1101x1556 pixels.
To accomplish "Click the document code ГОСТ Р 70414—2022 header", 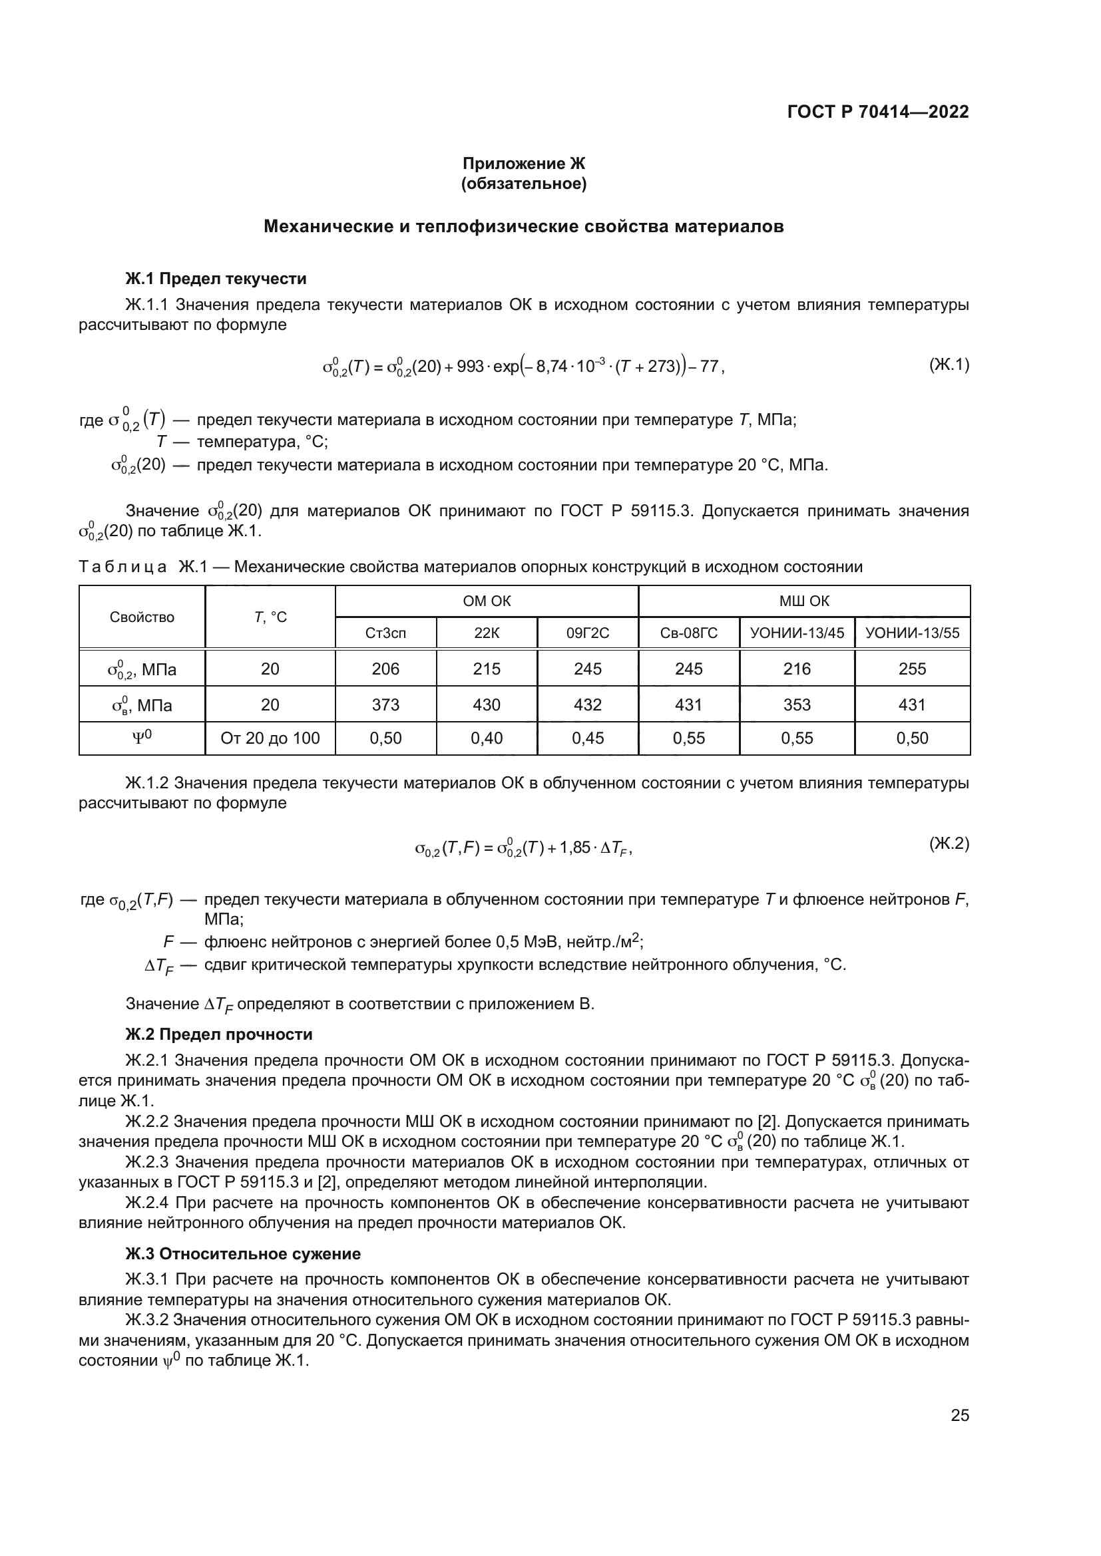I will coord(878,112).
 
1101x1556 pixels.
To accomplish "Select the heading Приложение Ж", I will coord(523,164).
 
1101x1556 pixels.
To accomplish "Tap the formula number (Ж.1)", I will coord(949,365).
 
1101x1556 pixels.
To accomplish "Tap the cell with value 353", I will coord(797,704).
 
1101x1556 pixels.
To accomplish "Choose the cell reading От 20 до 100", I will coord(270,738).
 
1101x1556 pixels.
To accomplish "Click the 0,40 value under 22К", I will coord(486,738).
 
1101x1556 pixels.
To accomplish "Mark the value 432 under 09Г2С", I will coord(587,704).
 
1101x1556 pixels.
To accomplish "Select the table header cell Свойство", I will coord(142,617).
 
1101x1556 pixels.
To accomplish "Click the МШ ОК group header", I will coord(804,601).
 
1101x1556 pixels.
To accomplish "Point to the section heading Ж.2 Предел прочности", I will coord(219,1034).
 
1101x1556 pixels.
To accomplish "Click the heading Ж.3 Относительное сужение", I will coord(243,1254).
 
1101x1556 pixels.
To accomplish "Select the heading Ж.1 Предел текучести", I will coord(216,279).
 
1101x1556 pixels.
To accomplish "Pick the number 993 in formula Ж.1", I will coord(470,367).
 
